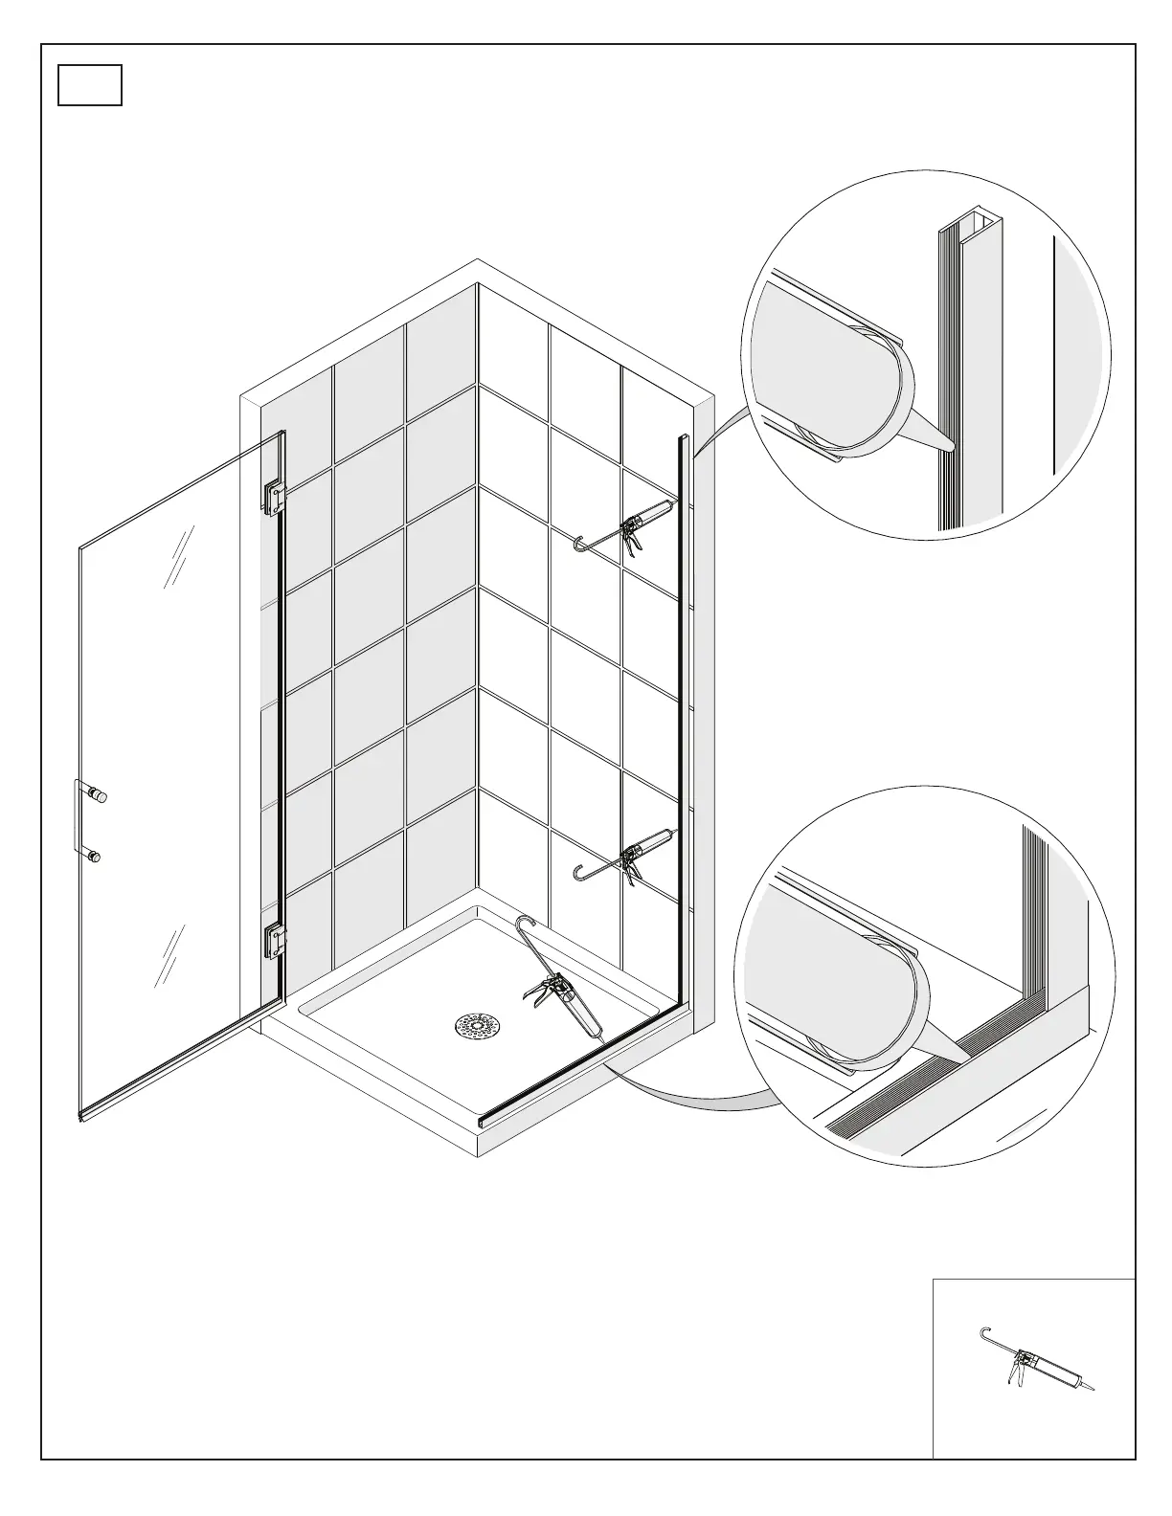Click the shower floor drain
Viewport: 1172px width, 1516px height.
[x=477, y=1025]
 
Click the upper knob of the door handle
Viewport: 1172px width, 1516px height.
[x=99, y=795]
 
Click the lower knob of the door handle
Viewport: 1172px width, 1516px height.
[x=96, y=857]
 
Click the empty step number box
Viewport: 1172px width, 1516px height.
[x=90, y=85]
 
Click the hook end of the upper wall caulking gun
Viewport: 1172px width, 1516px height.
[x=578, y=546]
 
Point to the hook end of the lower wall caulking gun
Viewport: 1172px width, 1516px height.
[x=578, y=873]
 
